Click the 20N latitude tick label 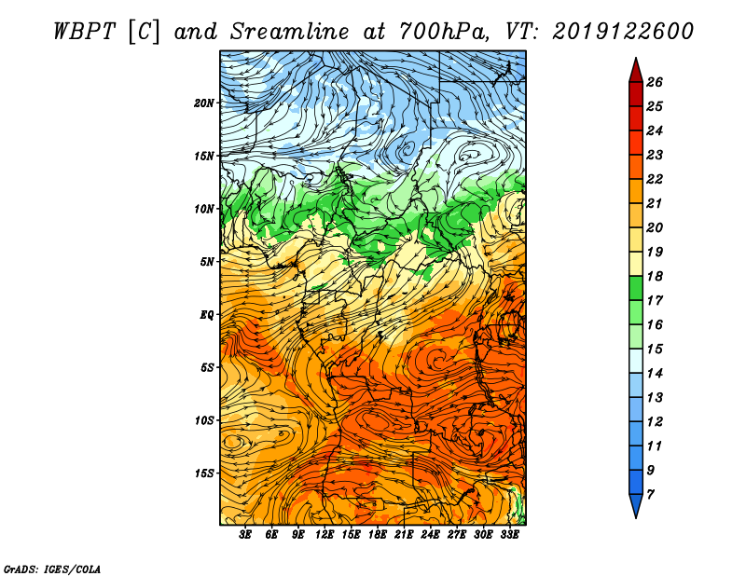[x=204, y=103]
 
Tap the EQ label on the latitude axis [x=207, y=315]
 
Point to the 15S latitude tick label [x=204, y=473]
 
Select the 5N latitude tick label [x=207, y=262]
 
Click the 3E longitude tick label [x=245, y=534]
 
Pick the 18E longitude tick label [x=378, y=534]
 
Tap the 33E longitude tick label [x=509, y=534]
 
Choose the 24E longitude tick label [x=430, y=534]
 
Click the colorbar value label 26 [x=655, y=82]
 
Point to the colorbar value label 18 [x=655, y=276]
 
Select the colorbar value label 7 [x=650, y=495]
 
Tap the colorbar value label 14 [x=655, y=374]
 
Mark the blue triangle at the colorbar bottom [x=636, y=504]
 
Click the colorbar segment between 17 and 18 [x=636, y=288]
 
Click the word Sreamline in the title [x=290, y=32]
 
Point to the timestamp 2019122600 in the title [x=623, y=32]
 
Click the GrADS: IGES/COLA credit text [x=52, y=569]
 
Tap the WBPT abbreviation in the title [x=84, y=32]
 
